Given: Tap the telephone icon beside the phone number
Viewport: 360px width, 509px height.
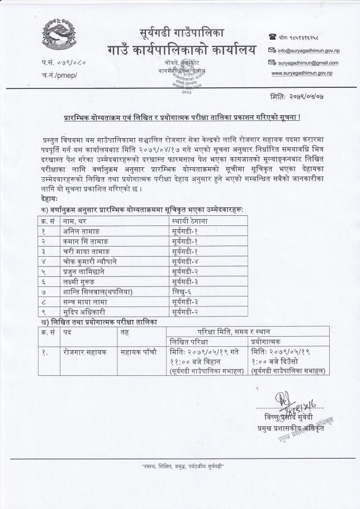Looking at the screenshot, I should (x=273, y=37).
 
